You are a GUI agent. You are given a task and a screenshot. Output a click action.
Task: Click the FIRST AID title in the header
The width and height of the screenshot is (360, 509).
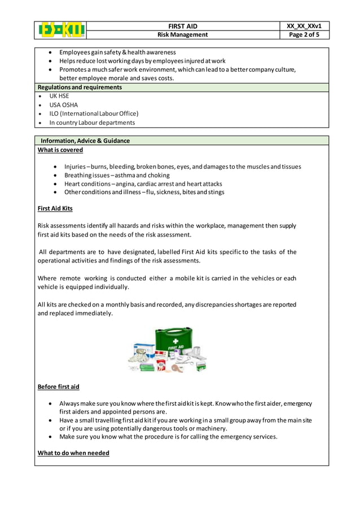pyautogui.click(x=182, y=26)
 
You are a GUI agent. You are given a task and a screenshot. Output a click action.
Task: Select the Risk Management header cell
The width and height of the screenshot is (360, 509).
pyautogui.click(x=182, y=34)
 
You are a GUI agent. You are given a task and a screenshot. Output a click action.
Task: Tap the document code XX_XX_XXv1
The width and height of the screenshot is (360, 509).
pyautogui.click(x=304, y=26)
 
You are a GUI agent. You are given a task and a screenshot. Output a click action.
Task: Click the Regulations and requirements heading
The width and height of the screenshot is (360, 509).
pyautogui.click(x=79, y=87)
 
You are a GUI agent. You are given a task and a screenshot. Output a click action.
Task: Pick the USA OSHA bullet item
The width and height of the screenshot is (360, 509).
pyautogui.click(x=63, y=105)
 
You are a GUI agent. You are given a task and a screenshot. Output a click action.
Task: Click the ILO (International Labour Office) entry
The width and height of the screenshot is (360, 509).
pyautogui.click(x=93, y=113)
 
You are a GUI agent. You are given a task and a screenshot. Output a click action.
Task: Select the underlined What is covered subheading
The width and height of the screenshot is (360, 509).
pyautogui.click(x=60, y=150)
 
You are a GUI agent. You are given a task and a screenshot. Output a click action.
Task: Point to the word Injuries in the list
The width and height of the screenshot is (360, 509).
pyautogui.click(x=74, y=166)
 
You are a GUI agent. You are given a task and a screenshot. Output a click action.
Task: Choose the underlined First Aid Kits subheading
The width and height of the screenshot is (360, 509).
pyautogui.click(x=55, y=208)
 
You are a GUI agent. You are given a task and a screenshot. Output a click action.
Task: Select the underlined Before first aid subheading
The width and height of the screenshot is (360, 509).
pyautogui.click(x=58, y=387)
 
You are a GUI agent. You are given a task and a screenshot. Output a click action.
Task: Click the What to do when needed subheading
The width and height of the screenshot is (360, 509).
pyautogui.click(x=73, y=453)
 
